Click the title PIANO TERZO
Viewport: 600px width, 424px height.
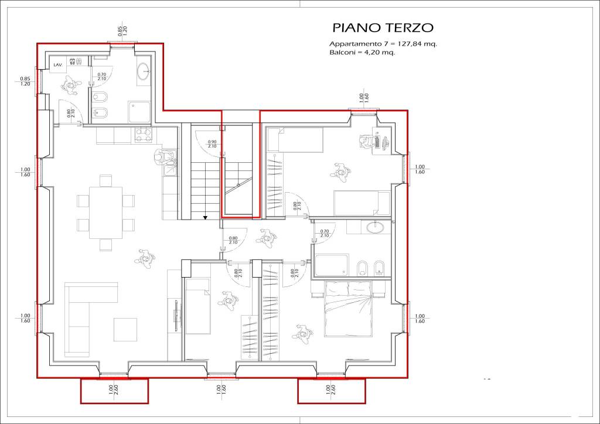pos(383,28)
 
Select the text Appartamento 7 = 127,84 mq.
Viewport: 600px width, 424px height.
pos(383,44)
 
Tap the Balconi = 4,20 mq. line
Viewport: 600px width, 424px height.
pos(362,52)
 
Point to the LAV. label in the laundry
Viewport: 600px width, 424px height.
pos(58,64)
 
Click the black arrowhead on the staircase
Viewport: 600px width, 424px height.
pos(205,217)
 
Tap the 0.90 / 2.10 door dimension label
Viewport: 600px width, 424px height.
pos(213,145)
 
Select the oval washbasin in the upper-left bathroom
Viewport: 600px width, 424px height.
pos(144,72)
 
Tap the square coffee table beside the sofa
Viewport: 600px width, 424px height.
pos(125,329)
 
